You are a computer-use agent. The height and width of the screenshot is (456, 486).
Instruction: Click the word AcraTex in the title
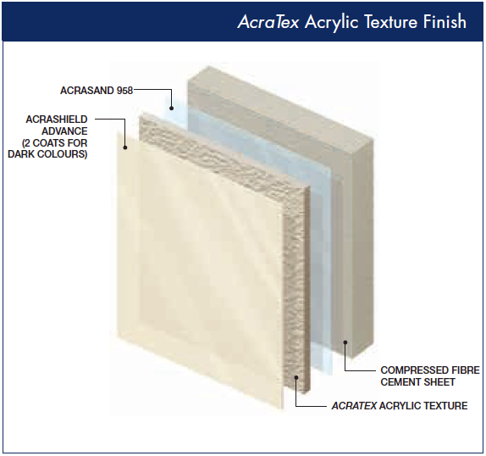click(268, 22)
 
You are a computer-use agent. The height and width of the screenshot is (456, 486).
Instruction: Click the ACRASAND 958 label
click(97, 91)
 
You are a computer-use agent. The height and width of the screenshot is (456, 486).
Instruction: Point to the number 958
click(124, 91)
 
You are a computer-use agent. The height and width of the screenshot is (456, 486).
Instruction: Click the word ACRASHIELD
click(57, 120)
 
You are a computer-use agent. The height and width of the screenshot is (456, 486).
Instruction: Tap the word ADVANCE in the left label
click(64, 131)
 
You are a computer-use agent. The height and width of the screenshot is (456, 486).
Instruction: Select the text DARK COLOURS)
click(47, 154)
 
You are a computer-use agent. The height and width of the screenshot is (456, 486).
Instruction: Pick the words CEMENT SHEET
click(417, 382)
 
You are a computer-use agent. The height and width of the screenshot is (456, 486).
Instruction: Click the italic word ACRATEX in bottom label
click(354, 406)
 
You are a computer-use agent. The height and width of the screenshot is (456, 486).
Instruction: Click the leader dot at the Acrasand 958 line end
click(171, 108)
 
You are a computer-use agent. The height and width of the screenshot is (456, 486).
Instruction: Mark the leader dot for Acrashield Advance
click(125, 147)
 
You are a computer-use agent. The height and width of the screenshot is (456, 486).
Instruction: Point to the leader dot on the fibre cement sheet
click(345, 342)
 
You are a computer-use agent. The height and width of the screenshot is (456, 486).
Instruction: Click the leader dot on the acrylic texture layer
click(296, 377)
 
